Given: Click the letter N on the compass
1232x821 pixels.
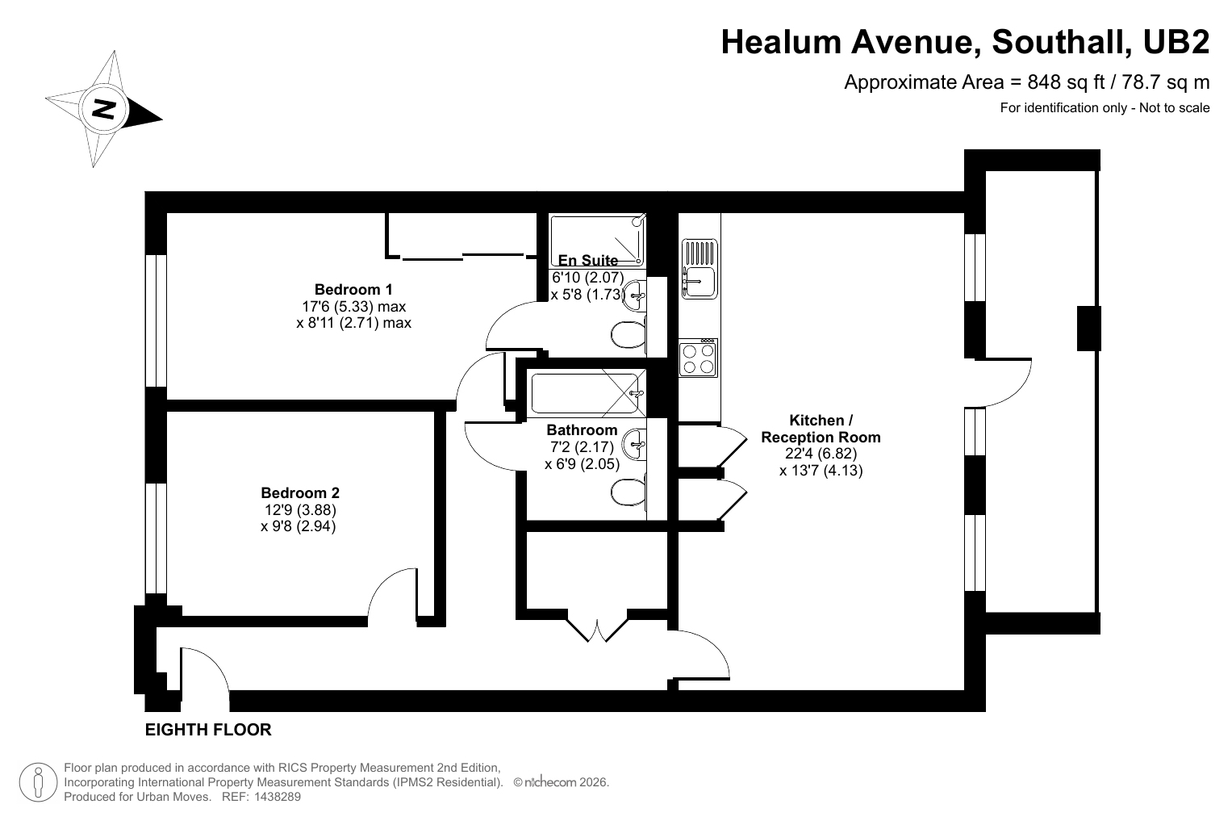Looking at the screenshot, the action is [x=103, y=109].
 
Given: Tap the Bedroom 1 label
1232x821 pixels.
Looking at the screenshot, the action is [x=353, y=290].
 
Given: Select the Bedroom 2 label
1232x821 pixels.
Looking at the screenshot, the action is [x=300, y=492].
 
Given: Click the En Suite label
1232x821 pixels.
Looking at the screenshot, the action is [x=588, y=260].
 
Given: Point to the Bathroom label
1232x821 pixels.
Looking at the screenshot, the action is [x=582, y=429].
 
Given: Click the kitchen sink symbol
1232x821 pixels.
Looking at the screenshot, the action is [x=700, y=269].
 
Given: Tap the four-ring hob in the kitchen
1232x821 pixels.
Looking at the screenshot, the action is [x=698, y=358].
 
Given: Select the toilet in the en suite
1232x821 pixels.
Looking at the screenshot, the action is [x=629, y=334].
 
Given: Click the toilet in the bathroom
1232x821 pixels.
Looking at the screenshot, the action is [x=629, y=492].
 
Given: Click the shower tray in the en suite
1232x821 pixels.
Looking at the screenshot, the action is [x=598, y=241].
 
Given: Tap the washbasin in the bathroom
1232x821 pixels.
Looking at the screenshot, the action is [x=635, y=444].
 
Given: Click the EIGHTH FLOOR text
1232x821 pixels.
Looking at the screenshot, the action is [x=208, y=730].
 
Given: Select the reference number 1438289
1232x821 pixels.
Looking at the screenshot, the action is [x=278, y=797].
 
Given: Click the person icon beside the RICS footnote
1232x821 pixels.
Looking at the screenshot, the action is [x=38, y=782].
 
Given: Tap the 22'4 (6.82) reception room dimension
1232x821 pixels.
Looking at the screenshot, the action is [x=821, y=454].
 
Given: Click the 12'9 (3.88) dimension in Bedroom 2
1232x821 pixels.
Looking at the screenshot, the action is [x=300, y=509].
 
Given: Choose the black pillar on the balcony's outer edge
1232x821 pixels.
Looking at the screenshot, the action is [x=1089, y=329].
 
